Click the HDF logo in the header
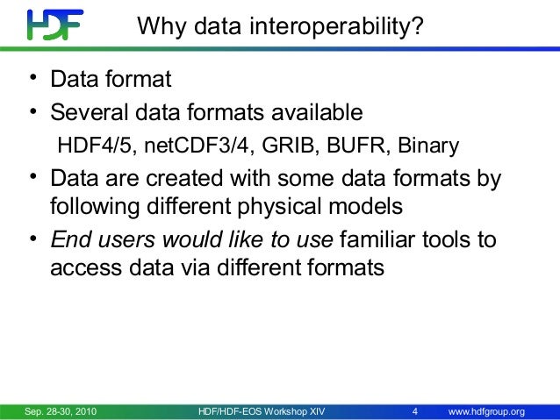(54, 25)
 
